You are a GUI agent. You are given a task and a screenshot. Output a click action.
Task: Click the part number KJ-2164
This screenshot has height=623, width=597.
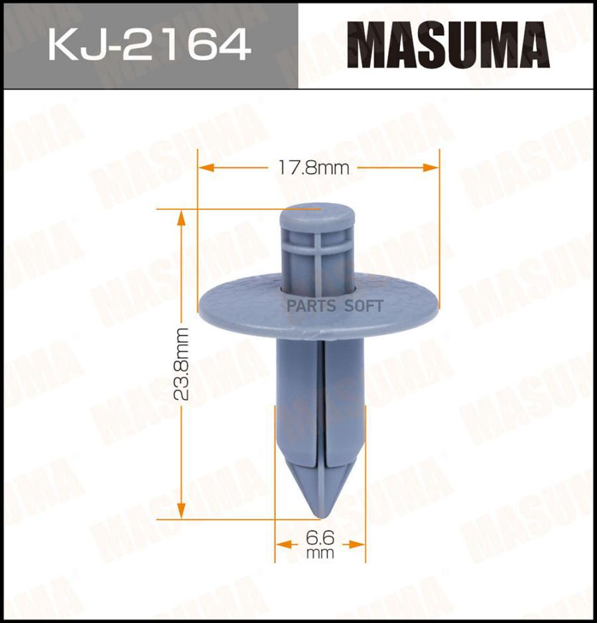pos(149,44)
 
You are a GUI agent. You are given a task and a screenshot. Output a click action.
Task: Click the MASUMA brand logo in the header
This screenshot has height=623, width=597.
pos(448,44)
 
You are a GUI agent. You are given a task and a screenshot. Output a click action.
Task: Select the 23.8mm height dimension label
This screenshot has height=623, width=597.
pos(181,363)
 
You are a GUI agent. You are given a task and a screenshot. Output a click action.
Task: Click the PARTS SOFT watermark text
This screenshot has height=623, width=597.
pos(335,306)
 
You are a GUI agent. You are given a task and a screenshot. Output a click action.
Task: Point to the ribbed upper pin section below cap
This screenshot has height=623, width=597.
pos(320,256)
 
